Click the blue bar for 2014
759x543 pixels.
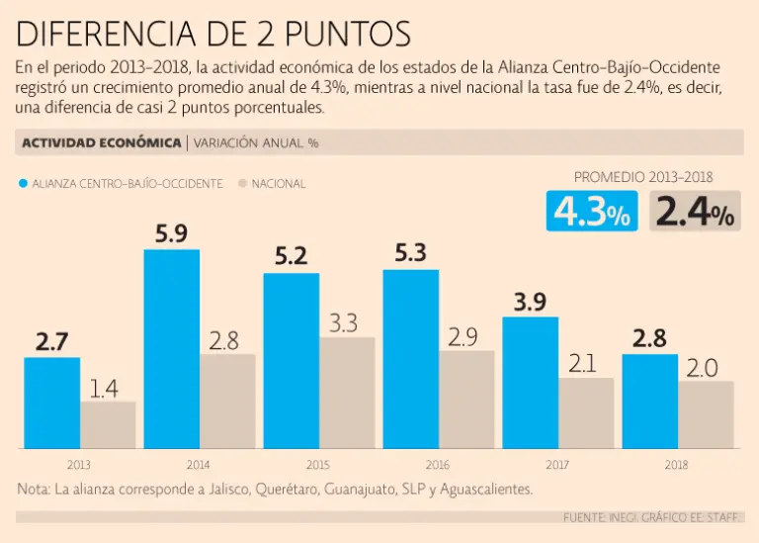tap(172, 348)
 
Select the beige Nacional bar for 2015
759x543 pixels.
tap(347, 393)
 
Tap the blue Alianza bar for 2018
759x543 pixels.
tap(649, 402)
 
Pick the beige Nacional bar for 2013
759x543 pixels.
tap(108, 424)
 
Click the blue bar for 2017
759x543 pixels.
tap(531, 383)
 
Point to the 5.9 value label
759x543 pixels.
tap(171, 234)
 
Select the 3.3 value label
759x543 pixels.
tap(343, 322)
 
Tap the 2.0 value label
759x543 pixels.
tap(702, 368)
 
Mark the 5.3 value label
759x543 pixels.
tap(410, 254)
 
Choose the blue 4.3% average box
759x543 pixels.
tap(592, 211)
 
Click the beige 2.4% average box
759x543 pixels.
tap(695, 211)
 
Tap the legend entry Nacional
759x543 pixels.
tap(273, 183)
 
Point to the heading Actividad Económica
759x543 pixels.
tap(100, 142)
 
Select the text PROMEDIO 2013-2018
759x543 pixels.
tap(643, 177)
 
